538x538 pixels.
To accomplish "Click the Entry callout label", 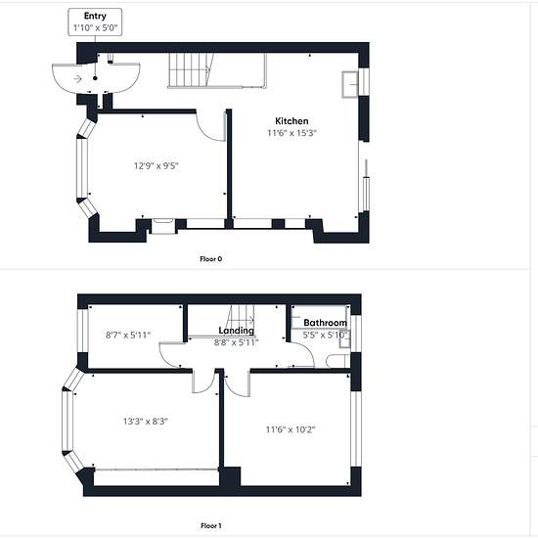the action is pyautogui.click(x=95, y=16).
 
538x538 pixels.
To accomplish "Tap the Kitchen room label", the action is pyautogui.click(x=291, y=120).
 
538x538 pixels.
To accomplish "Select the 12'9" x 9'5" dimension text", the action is pyautogui.click(x=157, y=166).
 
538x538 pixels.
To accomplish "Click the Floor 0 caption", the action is pyautogui.click(x=211, y=259).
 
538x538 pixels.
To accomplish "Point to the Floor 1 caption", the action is pyautogui.click(x=211, y=525).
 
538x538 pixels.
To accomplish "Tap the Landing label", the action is pyautogui.click(x=237, y=331).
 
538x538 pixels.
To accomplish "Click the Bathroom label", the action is pyautogui.click(x=326, y=323).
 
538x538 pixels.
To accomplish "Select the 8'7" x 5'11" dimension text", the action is pyautogui.click(x=128, y=335).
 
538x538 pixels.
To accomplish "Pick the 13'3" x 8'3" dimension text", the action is pyautogui.click(x=146, y=421).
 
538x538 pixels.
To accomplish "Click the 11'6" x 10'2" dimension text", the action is pyautogui.click(x=291, y=429).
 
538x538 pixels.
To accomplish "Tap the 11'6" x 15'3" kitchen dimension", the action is pyautogui.click(x=291, y=133).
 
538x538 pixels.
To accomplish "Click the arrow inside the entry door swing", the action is pyautogui.click(x=78, y=79).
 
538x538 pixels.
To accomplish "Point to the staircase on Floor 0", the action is pyautogui.click(x=217, y=70).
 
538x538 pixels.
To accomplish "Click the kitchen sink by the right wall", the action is pyautogui.click(x=350, y=84).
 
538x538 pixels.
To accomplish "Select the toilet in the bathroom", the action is pyautogui.click(x=337, y=361).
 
